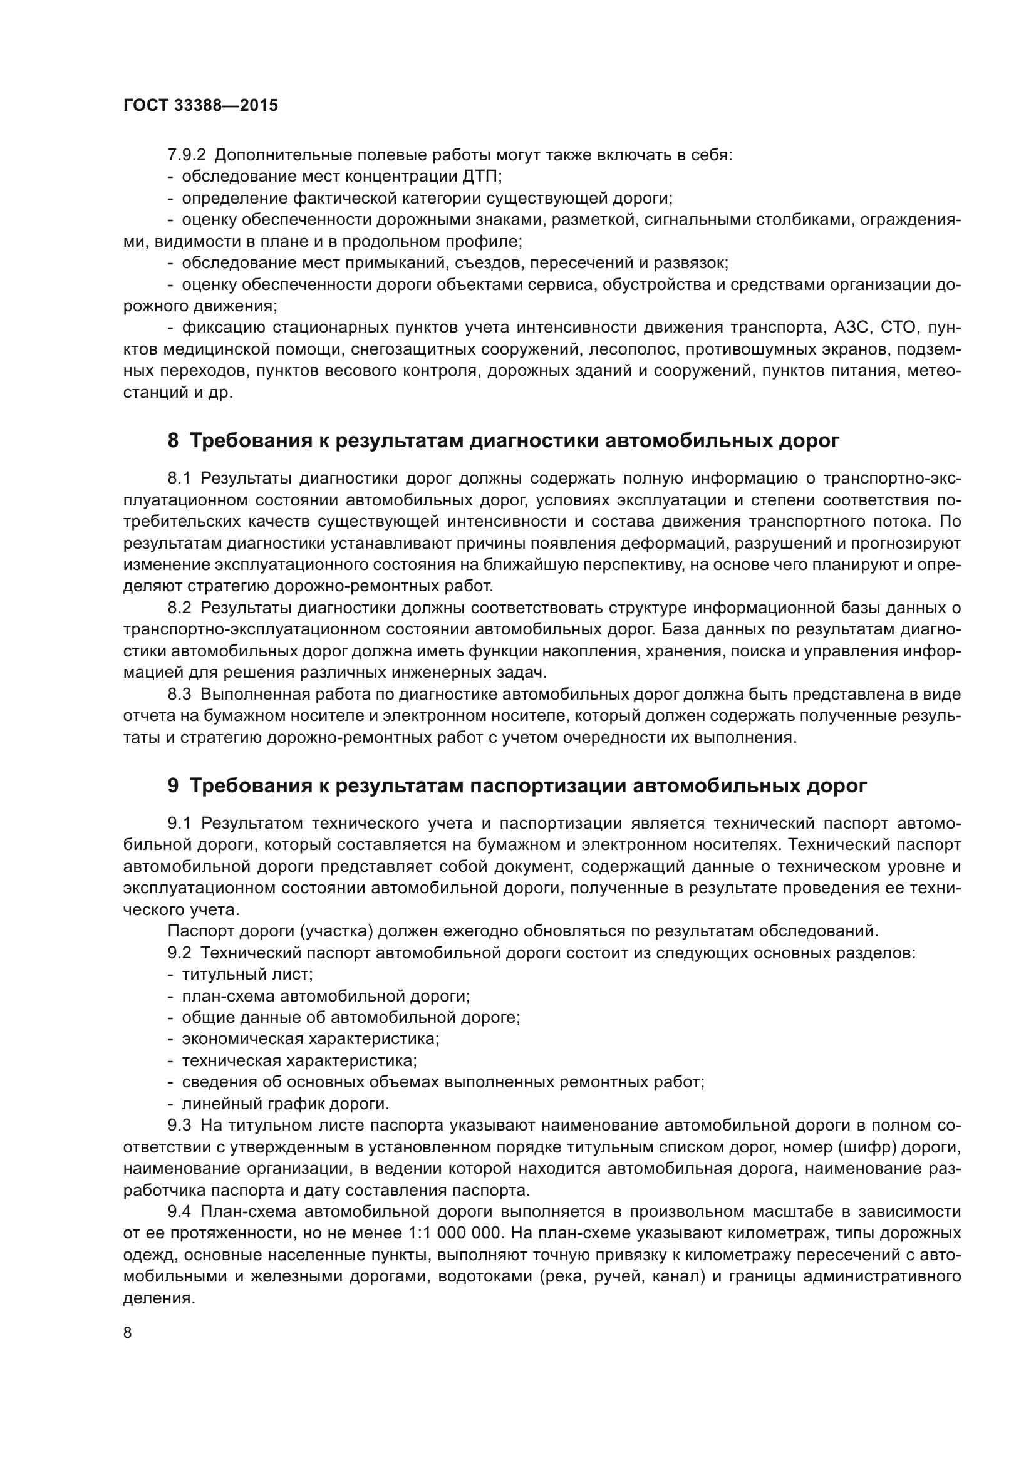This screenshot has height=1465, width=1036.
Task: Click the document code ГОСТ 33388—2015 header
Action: coord(200,106)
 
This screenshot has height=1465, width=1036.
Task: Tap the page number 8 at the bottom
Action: coord(128,1333)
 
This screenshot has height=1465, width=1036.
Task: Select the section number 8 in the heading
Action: coord(173,441)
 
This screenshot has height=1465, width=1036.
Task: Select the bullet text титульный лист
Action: coord(247,975)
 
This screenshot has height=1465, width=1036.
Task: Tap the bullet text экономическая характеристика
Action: coord(310,1038)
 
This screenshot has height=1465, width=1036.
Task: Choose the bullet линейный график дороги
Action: coord(285,1103)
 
